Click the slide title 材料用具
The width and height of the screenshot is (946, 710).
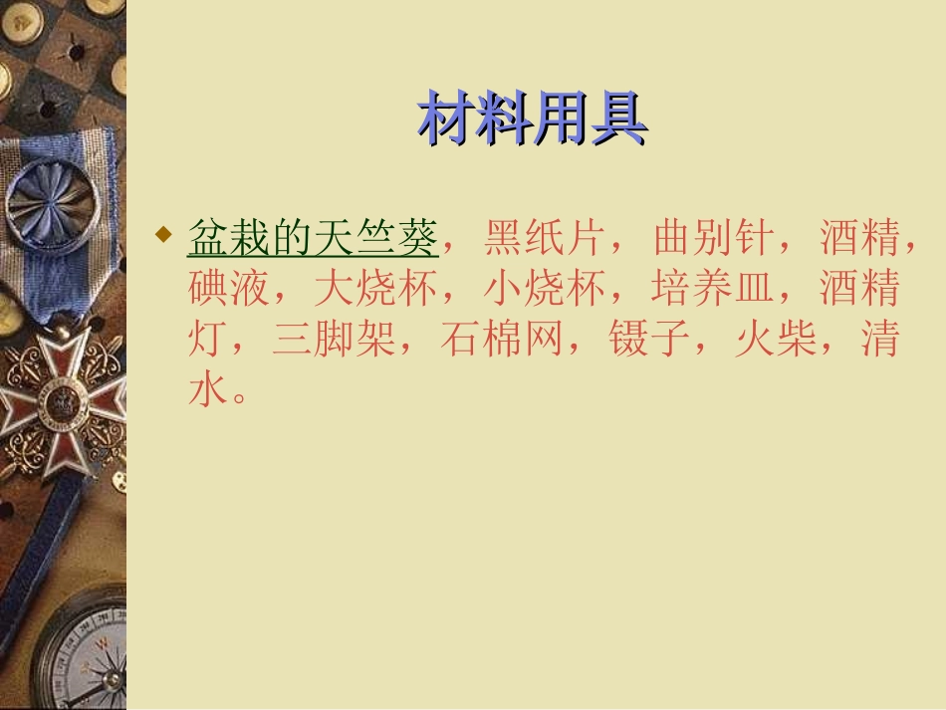tap(532, 119)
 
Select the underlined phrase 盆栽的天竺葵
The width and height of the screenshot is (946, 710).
tap(313, 239)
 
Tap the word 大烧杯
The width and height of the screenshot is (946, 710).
tap(376, 290)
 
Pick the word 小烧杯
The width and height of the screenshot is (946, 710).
tap(545, 290)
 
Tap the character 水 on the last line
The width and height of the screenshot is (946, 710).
tap(207, 391)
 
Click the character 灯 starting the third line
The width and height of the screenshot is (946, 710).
tap(207, 341)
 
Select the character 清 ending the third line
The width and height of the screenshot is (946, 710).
tap(880, 341)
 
